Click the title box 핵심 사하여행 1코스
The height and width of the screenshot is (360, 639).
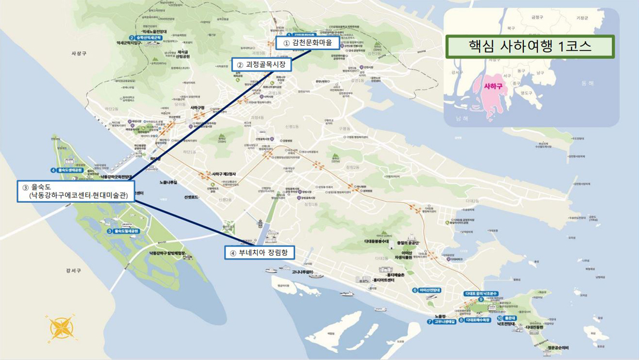point(529,46)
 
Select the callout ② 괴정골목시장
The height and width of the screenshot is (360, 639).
point(261,64)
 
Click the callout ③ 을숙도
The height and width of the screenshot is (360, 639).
point(75,191)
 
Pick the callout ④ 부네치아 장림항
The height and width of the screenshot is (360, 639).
point(260,253)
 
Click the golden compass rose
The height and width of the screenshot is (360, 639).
point(60,329)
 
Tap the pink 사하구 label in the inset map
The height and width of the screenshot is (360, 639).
point(493,87)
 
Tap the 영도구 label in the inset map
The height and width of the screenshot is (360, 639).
point(526,93)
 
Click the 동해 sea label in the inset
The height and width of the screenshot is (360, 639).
point(587,83)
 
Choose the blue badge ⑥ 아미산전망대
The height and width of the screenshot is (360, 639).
point(427,290)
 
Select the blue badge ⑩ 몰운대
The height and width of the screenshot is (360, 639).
point(507,318)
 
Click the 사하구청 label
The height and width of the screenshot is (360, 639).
point(198,108)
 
